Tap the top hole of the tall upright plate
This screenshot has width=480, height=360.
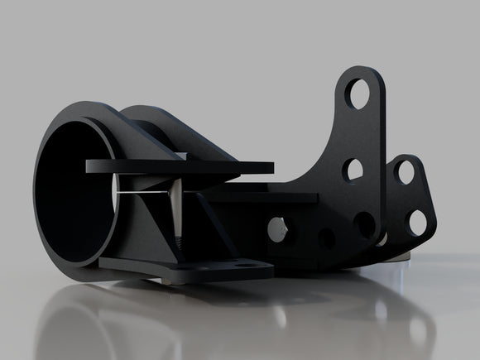362,90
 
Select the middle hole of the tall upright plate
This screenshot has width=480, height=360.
354,170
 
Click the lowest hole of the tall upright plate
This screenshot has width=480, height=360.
364,223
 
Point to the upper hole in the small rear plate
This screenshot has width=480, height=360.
406,171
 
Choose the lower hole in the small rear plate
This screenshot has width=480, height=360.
417,222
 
